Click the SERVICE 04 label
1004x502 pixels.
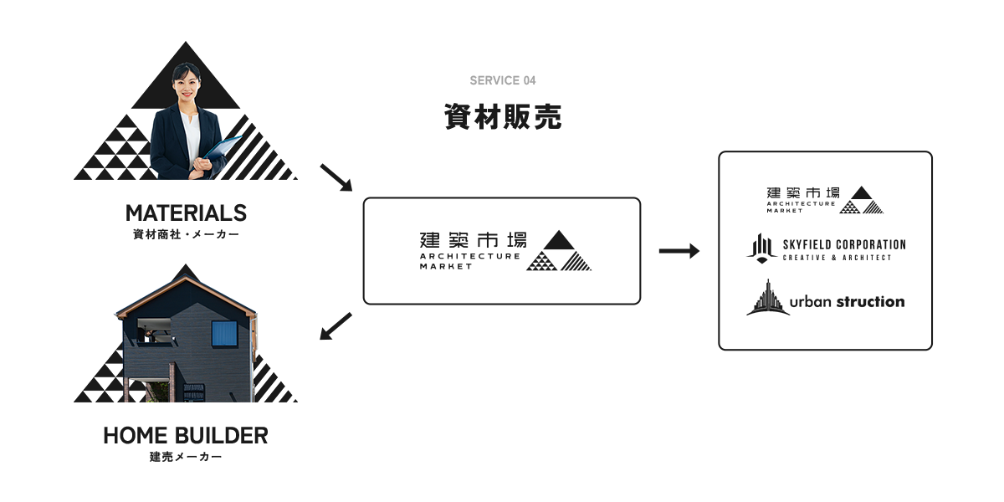tap(502, 80)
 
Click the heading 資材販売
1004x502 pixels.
tap(502, 117)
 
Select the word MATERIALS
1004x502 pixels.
tap(186, 212)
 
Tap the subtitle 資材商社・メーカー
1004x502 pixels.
tap(186, 235)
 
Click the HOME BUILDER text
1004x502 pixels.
tap(186, 435)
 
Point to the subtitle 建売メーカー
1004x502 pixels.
tap(186, 458)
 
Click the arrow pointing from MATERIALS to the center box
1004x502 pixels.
tap(337, 177)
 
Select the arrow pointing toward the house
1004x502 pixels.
tap(336, 327)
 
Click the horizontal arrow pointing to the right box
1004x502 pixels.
tap(679, 250)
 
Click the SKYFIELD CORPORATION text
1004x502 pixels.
tap(843, 244)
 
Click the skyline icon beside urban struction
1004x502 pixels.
tap(767, 299)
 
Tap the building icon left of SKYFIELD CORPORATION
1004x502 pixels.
tap(761, 248)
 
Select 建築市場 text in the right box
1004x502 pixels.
tap(802, 192)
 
